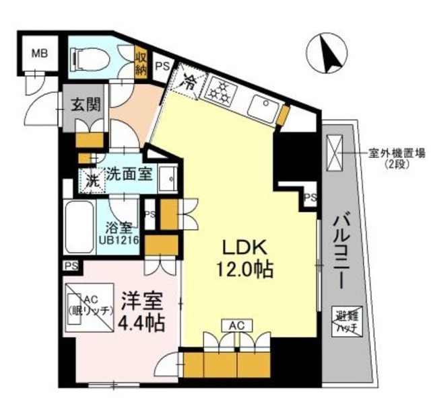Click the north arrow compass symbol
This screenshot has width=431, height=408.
pos(326,54)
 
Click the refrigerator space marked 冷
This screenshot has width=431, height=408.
pos(189,85)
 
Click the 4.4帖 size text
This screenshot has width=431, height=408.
pos(141,323)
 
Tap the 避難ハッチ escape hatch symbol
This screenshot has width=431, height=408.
pos(343,318)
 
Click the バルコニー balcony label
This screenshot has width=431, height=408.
pos(339,249)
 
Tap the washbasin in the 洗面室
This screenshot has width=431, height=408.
pos(169,177)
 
